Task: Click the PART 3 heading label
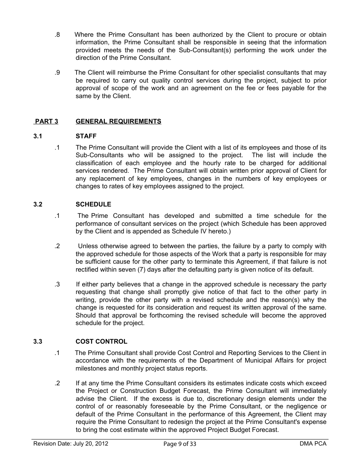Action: click(x=46, y=121)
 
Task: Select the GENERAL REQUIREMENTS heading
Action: click(x=118, y=121)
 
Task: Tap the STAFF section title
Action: click(x=86, y=136)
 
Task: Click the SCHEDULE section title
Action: click(x=93, y=205)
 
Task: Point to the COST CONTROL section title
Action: click(x=102, y=342)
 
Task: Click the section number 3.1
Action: click(x=38, y=136)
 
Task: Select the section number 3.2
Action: click(x=38, y=205)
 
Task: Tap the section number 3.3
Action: click(x=38, y=342)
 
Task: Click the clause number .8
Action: click(x=57, y=35)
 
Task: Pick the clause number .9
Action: click(x=57, y=73)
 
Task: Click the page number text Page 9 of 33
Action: click(x=180, y=444)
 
